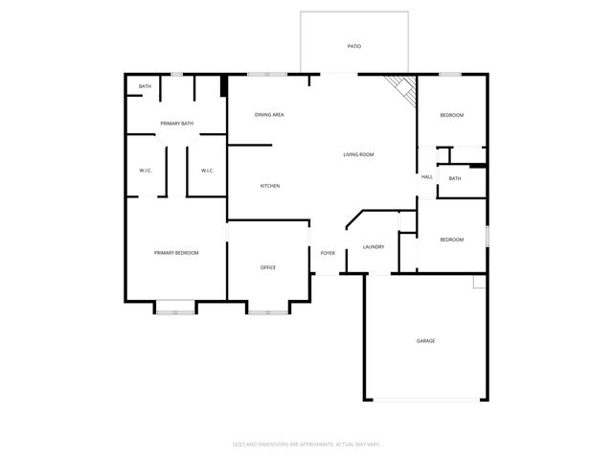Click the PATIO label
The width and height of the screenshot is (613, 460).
(353, 46)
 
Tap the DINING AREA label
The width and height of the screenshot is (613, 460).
(269, 115)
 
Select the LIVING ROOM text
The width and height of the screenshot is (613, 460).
(359, 154)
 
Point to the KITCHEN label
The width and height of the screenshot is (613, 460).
(270, 185)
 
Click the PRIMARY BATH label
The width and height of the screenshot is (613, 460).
(177, 124)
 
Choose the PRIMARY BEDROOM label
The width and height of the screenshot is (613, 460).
(176, 252)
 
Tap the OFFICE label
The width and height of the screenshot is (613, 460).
(268, 267)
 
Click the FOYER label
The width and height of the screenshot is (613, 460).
(328, 253)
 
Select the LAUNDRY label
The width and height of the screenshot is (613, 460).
(374, 246)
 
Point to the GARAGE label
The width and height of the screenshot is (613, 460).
(425, 340)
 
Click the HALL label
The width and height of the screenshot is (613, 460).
(427, 177)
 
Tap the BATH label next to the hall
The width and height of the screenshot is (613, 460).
(455, 178)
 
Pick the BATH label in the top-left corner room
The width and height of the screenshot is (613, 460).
(145, 87)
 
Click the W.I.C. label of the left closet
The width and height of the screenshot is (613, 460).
(146, 171)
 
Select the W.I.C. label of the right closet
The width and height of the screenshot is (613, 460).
(207, 171)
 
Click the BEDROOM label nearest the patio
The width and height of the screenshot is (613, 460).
(451, 115)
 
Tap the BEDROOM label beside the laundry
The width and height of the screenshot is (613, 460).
(451, 240)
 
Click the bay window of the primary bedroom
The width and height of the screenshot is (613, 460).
(175, 308)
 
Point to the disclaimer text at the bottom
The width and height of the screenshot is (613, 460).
(307, 444)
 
